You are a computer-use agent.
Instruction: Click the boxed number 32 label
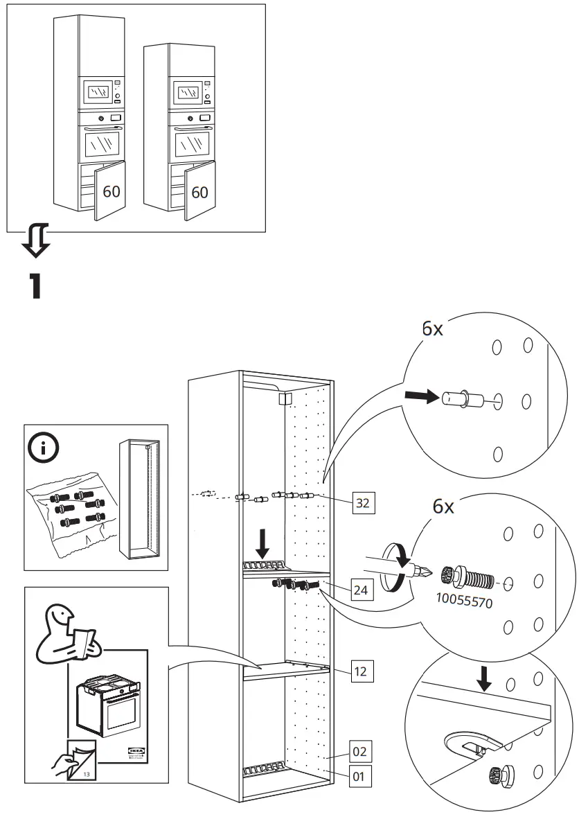(x=362, y=504)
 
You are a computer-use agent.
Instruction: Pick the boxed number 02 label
(x=358, y=751)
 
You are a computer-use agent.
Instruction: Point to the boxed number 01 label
(x=358, y=776)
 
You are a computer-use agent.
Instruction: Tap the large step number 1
(x=35, y=286)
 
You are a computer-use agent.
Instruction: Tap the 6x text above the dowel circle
(x=433, y=329)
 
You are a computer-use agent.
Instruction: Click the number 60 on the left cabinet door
(x=112, y=191)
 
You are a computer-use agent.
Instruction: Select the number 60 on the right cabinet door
(x=199, y=192)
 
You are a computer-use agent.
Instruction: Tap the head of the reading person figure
(x=60, y=612)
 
